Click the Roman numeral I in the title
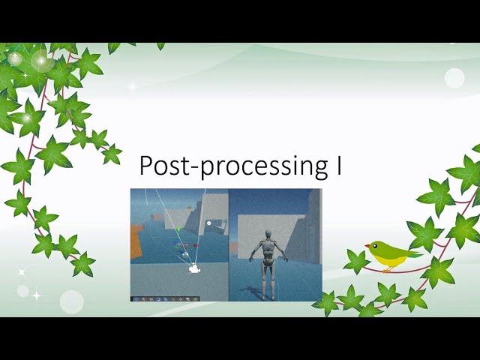338,165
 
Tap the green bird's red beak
367,245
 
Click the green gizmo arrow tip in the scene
178,229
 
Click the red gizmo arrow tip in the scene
196,245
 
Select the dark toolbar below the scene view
166,298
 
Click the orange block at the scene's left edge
136,242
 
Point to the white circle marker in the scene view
209,223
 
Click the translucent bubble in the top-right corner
454,78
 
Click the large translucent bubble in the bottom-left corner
71,301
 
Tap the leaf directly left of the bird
356,260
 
